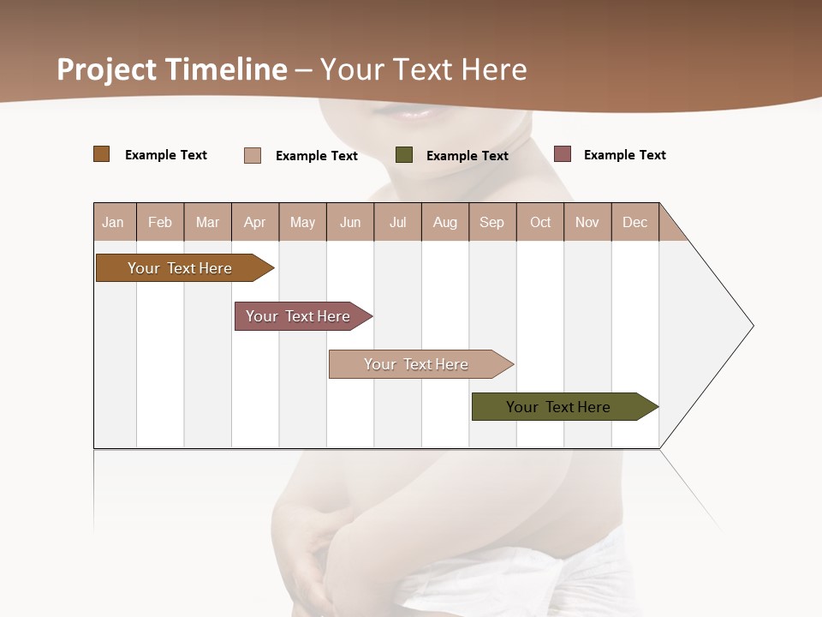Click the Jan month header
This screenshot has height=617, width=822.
point(114,222)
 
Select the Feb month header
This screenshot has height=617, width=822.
point(160,222)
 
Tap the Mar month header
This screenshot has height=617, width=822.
point(207,222)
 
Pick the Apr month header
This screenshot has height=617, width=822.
point(255,222)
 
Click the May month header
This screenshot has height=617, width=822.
point(302,222)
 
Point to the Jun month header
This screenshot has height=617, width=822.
point(350,222)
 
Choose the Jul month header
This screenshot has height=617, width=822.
point(397,222)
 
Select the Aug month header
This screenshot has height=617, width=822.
point(445,222)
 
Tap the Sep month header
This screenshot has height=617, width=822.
point(492,222)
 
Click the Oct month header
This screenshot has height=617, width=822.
point(540,222)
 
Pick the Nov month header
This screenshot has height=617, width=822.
point(587,222)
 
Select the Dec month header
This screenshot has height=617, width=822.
point(635,222)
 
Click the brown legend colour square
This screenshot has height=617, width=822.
point(102,154)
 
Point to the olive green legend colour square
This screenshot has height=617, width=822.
point(404,155)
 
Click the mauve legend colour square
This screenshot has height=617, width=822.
point(563,154)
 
